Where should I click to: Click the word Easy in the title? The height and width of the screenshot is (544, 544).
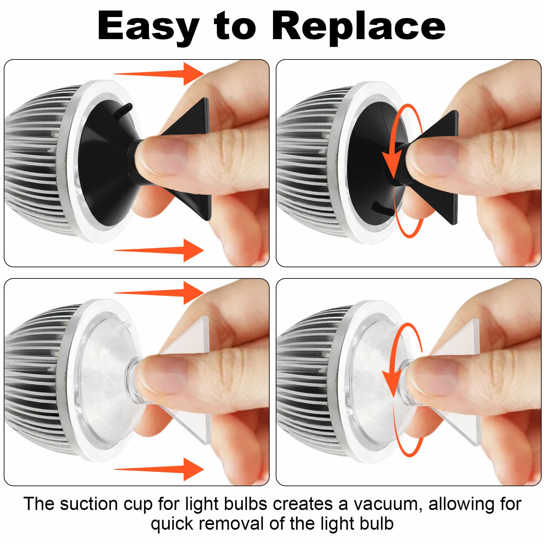[x=148, y=27]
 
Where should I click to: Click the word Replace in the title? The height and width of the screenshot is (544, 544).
[x=359, y=27]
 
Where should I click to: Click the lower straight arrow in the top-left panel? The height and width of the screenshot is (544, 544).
[x=159, y=250]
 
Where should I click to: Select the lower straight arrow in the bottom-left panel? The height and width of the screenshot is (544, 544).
[x=159, y=469]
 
